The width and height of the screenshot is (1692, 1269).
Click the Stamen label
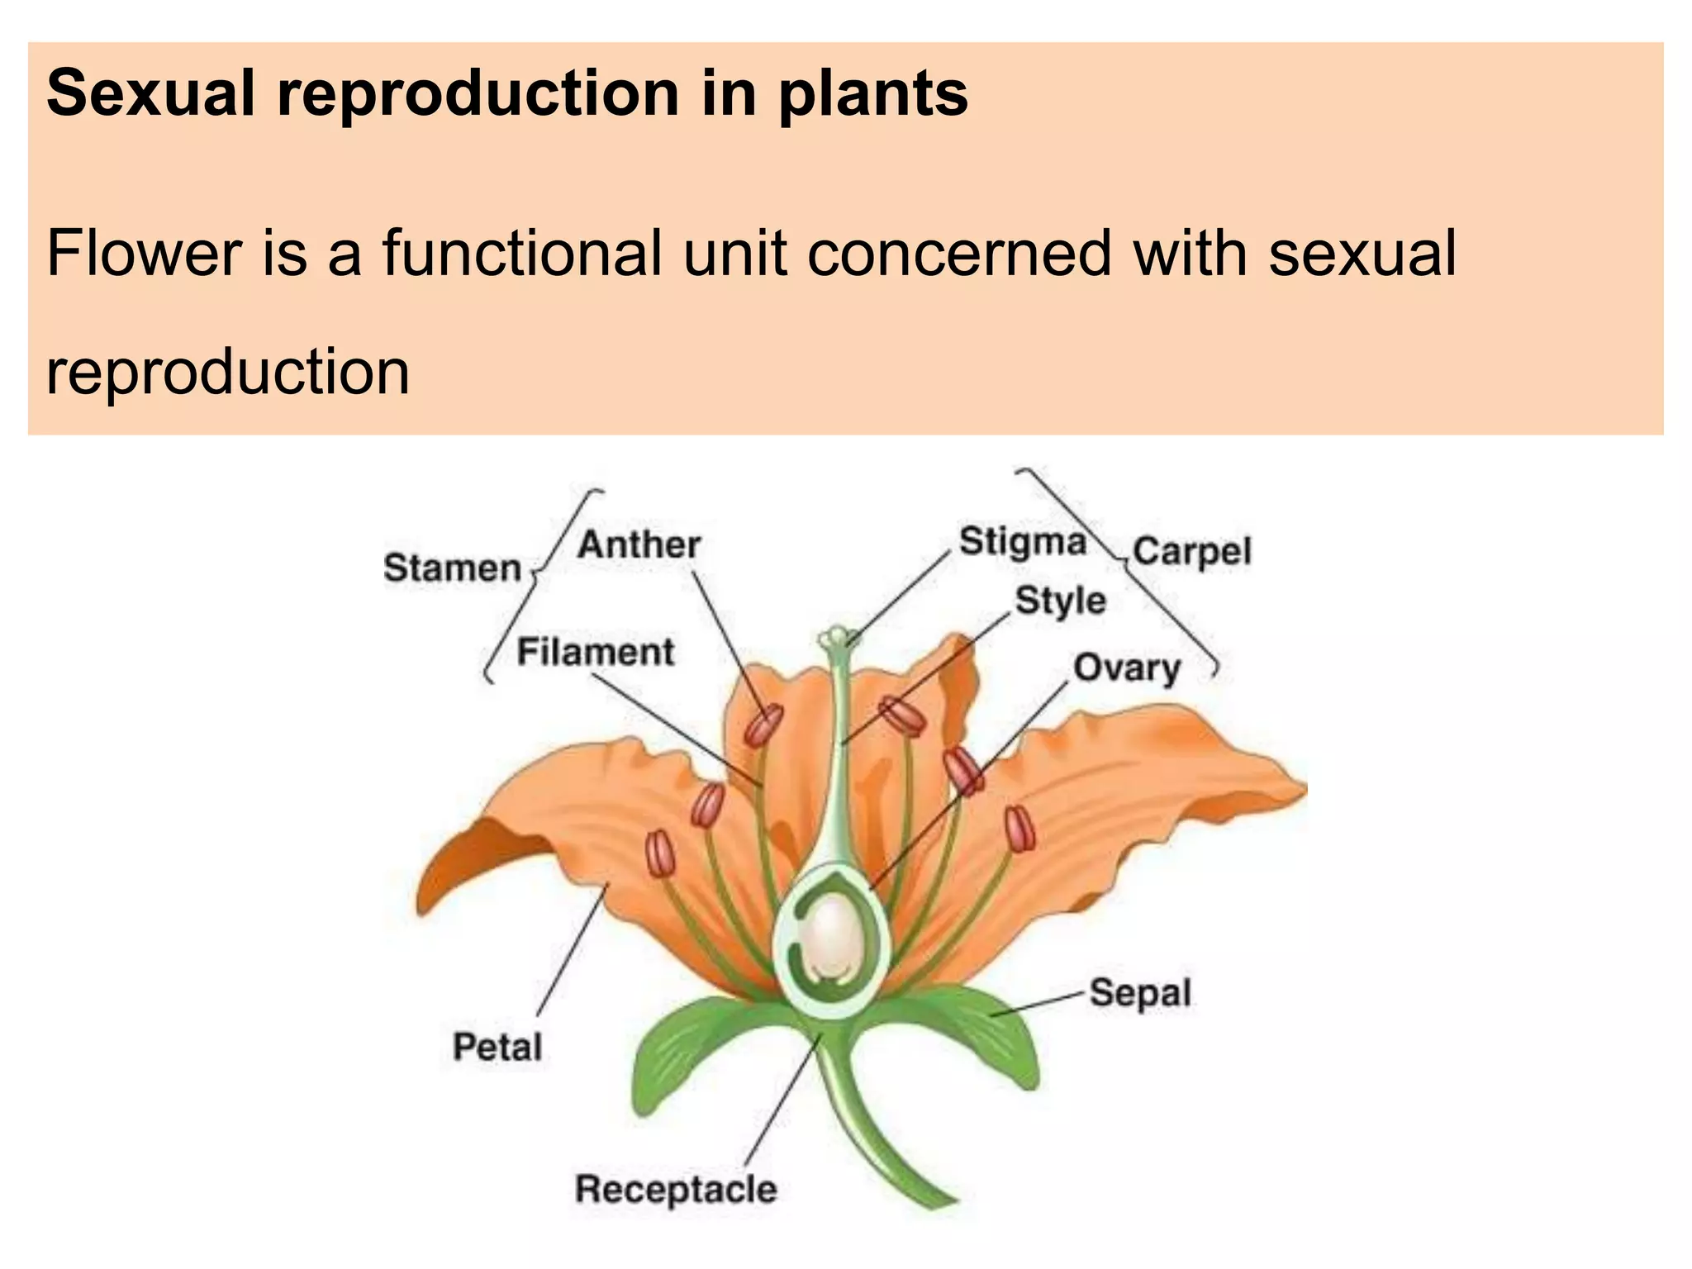[x=452, y=569]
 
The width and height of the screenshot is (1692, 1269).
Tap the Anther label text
[x=639, y=545]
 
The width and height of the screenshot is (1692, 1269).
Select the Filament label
[x=595, y=653]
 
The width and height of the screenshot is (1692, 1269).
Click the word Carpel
[x=1191, y=551]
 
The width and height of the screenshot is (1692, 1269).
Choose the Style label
[x=1060, y=601]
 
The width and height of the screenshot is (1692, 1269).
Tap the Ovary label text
[x=1126, y=668]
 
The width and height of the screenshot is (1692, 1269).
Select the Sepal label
[x=1139, y=992]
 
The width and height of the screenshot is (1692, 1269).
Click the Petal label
[x=497, y=1047]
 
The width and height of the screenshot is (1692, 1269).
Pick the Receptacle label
[x=676, y=1189]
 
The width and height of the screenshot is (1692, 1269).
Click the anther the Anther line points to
[x=763, y=726]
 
